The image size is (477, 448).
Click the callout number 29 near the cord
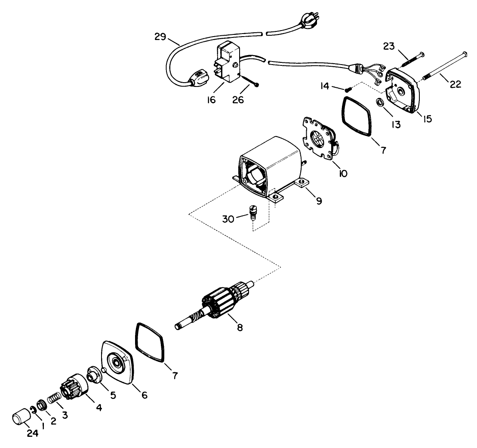tap(161, 37)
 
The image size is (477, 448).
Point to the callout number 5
tap(113, 395)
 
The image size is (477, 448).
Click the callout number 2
tap(53, 421)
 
